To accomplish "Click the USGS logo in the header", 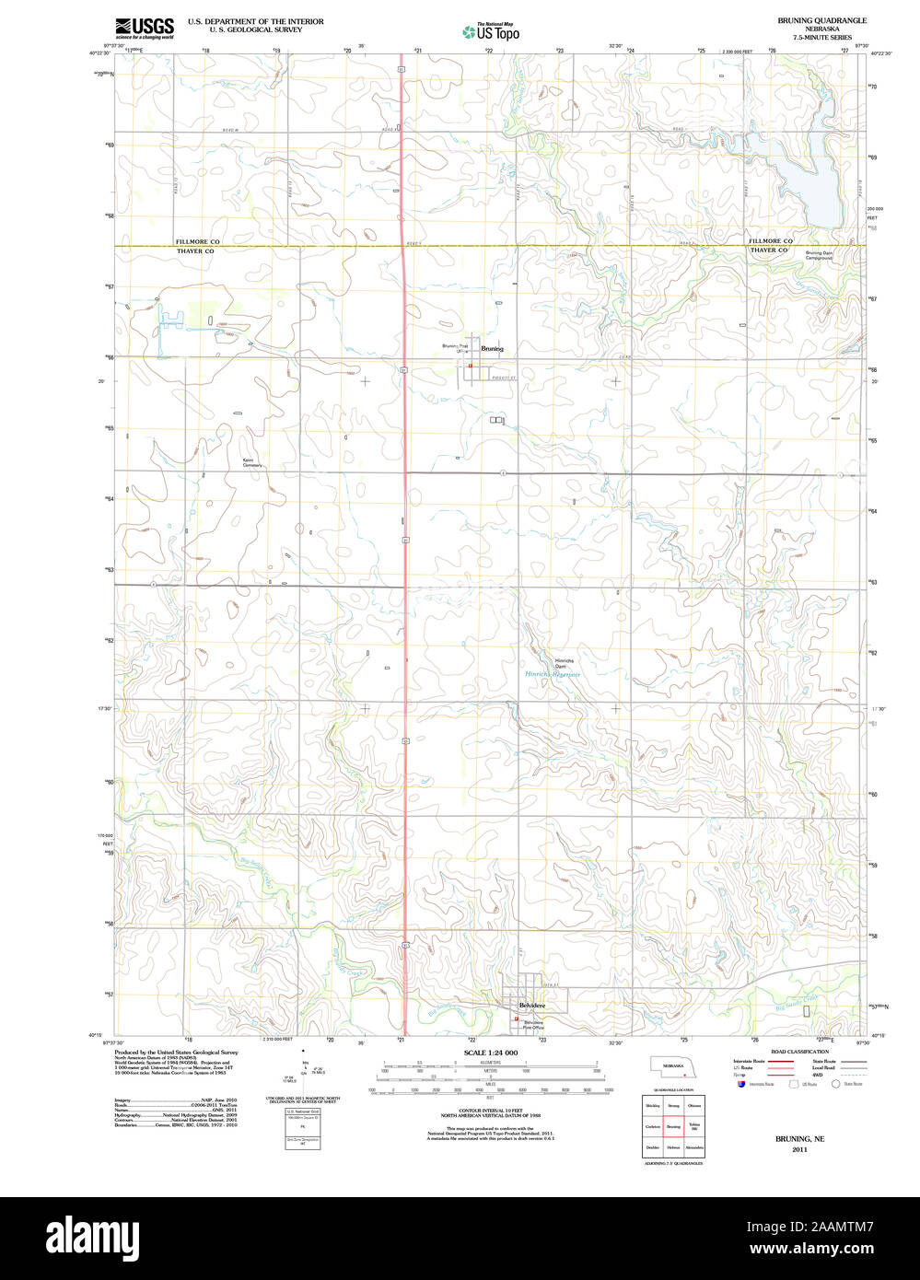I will point(144,28).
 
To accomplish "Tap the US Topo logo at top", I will point(491,32).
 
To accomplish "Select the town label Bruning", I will point(492,349).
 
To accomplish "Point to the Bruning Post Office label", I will point(455,348).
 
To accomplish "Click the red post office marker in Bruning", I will point(470,366).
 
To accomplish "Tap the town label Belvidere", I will point(532,1005).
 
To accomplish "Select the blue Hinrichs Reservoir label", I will point(553,674).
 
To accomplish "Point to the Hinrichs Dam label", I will point(564,663).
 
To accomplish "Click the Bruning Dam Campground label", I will point(819,255).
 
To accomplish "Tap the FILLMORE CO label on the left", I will point(198,241).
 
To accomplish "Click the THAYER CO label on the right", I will point(769,250).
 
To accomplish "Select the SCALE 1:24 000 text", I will point(491,1053).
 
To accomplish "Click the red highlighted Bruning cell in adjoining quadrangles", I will point(673,1126).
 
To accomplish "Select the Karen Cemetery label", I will point(252,462).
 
